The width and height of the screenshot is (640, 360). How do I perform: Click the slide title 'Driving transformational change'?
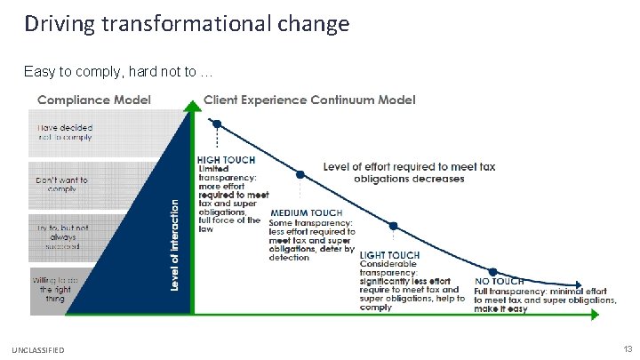187,22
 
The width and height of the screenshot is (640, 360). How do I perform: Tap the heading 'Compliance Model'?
94,99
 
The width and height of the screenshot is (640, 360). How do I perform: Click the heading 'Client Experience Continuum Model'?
309,99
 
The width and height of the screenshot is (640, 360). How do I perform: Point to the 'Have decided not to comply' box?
64,132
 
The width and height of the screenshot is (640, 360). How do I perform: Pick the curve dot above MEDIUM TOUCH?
300,173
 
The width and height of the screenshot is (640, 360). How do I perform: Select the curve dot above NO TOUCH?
491,271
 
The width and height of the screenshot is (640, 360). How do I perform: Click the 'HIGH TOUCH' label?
226,160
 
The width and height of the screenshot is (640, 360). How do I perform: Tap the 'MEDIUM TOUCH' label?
306,213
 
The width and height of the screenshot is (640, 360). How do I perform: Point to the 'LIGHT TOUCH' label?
389,255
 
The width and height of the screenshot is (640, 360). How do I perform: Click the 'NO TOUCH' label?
499,281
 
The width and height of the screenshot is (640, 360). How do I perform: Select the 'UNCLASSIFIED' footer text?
39,350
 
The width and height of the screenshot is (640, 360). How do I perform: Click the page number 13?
627,349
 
